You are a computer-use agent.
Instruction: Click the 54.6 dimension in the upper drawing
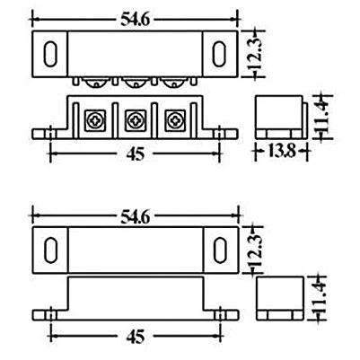(x=135, y=20)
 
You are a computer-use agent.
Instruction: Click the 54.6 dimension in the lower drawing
(x=135, y=217)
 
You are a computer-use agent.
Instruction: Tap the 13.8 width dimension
(x=282, y=151)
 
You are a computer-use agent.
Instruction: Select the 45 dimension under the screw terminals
(x=136, y=154)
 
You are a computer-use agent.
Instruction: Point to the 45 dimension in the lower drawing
(x=136, y=337)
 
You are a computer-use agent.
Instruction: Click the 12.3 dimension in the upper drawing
(x=256, y=54)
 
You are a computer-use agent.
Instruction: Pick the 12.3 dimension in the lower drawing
(x=256, y=250)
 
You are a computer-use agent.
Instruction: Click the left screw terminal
(x=95, y=120)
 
